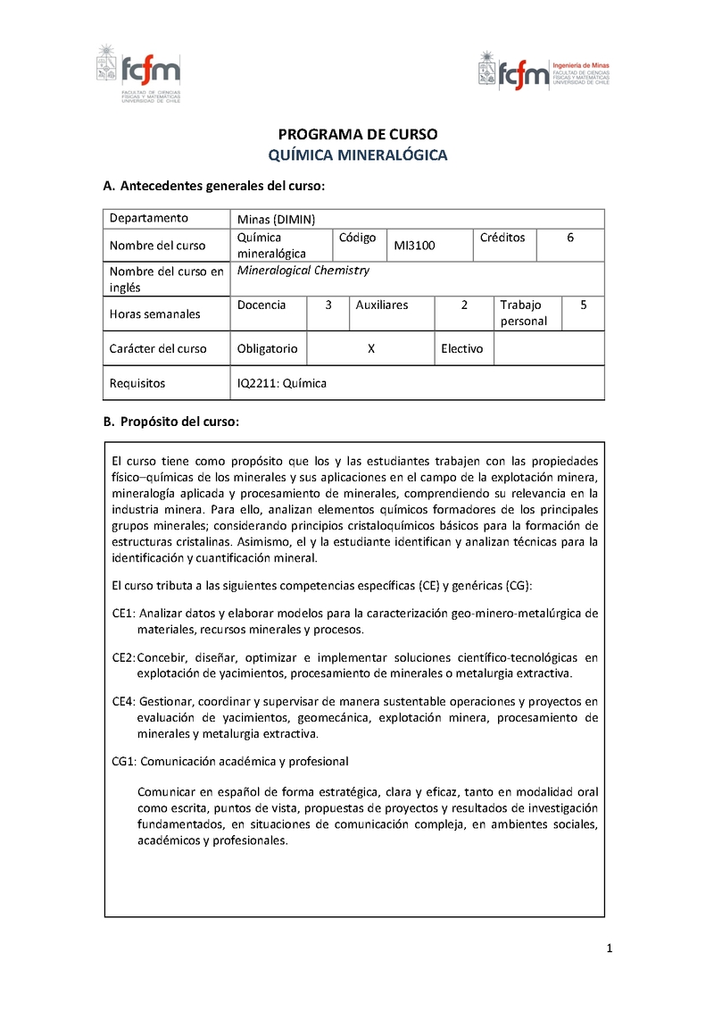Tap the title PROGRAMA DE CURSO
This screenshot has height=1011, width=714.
(x=358, y=135)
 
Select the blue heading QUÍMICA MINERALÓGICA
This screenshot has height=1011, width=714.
(x=358, y=155)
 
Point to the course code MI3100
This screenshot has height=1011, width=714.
(x=414, y=246)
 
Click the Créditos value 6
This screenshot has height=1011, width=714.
(x=570, y=238)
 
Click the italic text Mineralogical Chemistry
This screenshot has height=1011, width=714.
(x=303, y=271)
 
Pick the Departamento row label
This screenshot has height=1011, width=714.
(x=148, y=218)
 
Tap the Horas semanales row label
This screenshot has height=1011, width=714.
(x=154, y=313)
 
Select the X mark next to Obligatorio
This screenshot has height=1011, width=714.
(x=370, y=348)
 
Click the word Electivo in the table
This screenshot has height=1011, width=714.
(x=461, y=348)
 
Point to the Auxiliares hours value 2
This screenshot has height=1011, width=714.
(x=464, y=305)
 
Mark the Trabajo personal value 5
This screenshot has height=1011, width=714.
(x=583, y=305)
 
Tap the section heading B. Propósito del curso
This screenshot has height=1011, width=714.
(x=171, y=421)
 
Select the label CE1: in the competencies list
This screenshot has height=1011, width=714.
(x=123, y=614)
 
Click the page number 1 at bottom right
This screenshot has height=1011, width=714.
(x=609, y=949)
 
